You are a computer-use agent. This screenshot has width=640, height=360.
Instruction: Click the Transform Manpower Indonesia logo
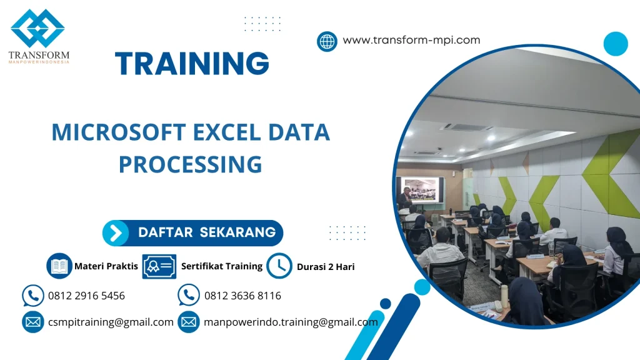(38, 36)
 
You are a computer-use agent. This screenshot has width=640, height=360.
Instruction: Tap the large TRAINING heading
(192, 64)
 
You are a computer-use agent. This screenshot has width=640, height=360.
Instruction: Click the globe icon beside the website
(327, 41)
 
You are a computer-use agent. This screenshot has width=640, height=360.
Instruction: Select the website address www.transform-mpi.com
(411, 40)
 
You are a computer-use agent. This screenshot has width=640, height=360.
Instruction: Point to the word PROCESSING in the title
(190, 164)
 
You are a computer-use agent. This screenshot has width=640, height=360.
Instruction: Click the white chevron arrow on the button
(116, 233)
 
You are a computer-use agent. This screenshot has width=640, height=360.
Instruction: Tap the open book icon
(59, 266)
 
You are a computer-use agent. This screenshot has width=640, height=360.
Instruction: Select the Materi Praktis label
(106, 266)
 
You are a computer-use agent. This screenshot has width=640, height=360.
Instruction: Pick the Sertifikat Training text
(221, 266)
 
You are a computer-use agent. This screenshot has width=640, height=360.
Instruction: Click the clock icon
(279, 266)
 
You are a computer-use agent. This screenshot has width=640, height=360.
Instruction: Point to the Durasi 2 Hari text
(326, 267)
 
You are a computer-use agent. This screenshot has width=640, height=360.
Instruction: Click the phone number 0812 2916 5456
(86, 296)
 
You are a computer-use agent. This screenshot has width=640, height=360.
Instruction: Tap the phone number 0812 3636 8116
(242, 296)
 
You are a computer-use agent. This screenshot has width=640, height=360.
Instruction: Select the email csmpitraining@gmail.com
(111, 322)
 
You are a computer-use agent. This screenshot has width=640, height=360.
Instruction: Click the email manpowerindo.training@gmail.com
(291, 322)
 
